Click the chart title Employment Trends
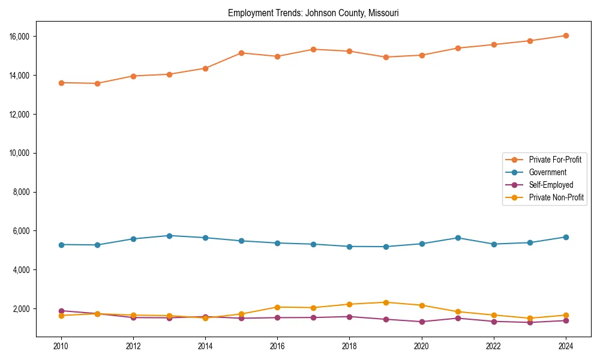[313, 13]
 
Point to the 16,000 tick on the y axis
[20, 37]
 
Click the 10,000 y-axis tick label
[20, 153]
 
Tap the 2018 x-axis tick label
[350, 346]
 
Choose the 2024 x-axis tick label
[566, 346]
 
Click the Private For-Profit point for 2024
[566, 35]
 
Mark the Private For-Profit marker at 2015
[241, 53]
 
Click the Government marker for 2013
[169, 236]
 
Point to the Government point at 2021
[458, 238]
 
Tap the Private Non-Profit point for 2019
[386, 302]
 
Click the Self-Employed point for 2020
[422, 322]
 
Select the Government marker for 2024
[566, 237]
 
